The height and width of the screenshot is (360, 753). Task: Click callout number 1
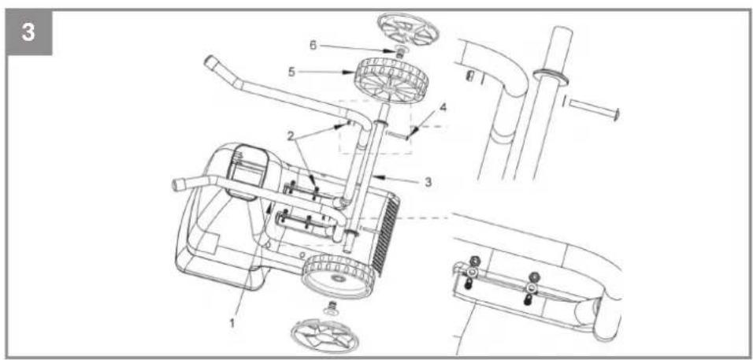(232, 323)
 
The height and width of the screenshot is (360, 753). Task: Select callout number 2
(290, 135)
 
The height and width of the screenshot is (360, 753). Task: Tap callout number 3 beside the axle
(428, 182)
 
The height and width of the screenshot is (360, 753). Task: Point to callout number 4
(443, 107)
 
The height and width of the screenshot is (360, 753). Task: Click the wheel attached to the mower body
(339, 276)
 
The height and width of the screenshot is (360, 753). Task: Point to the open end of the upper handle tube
(210, 62)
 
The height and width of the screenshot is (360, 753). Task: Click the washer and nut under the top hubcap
(397, 50)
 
